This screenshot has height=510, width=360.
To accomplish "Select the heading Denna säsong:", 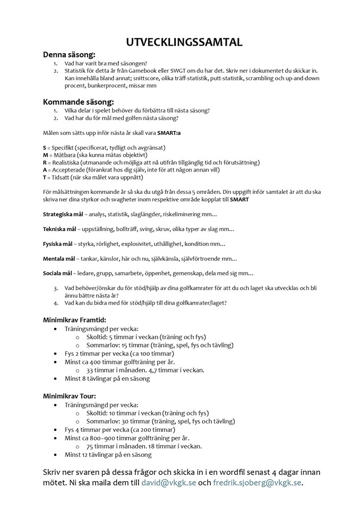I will [69, 54].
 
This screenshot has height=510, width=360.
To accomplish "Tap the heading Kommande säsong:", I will [78, 101].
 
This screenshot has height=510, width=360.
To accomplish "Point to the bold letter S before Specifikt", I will [45, 147].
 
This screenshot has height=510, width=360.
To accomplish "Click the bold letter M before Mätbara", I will [45, 155].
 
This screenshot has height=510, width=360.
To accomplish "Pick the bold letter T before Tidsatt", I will [45, 177].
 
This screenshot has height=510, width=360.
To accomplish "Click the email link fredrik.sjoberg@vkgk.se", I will [257, 483].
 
